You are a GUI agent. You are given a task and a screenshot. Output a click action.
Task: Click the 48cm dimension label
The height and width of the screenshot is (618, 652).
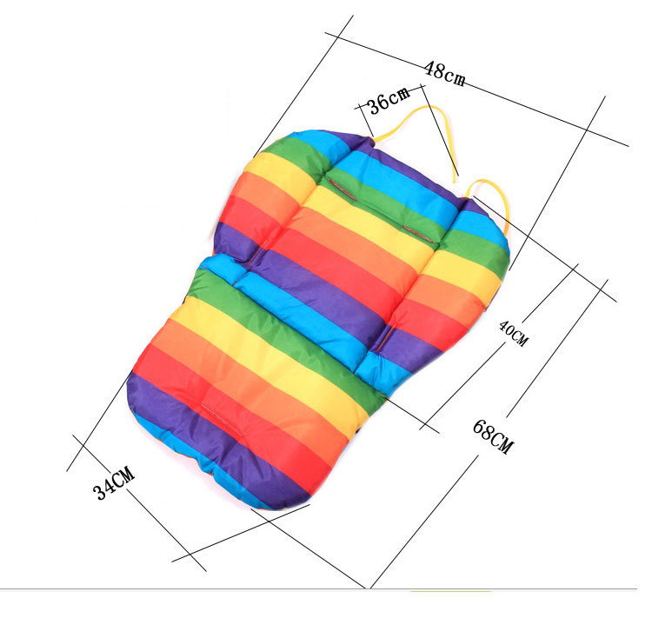444,75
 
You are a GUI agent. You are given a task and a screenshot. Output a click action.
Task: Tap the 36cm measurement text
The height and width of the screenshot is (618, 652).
389,100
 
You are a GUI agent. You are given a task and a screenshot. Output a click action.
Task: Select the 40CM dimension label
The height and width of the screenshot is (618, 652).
514,333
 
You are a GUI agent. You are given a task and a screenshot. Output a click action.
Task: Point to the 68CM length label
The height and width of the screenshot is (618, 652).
493,436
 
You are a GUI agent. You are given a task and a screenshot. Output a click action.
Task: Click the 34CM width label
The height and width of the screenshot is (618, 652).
114,483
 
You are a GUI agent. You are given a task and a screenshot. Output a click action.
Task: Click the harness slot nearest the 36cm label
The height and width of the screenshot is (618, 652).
343,189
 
